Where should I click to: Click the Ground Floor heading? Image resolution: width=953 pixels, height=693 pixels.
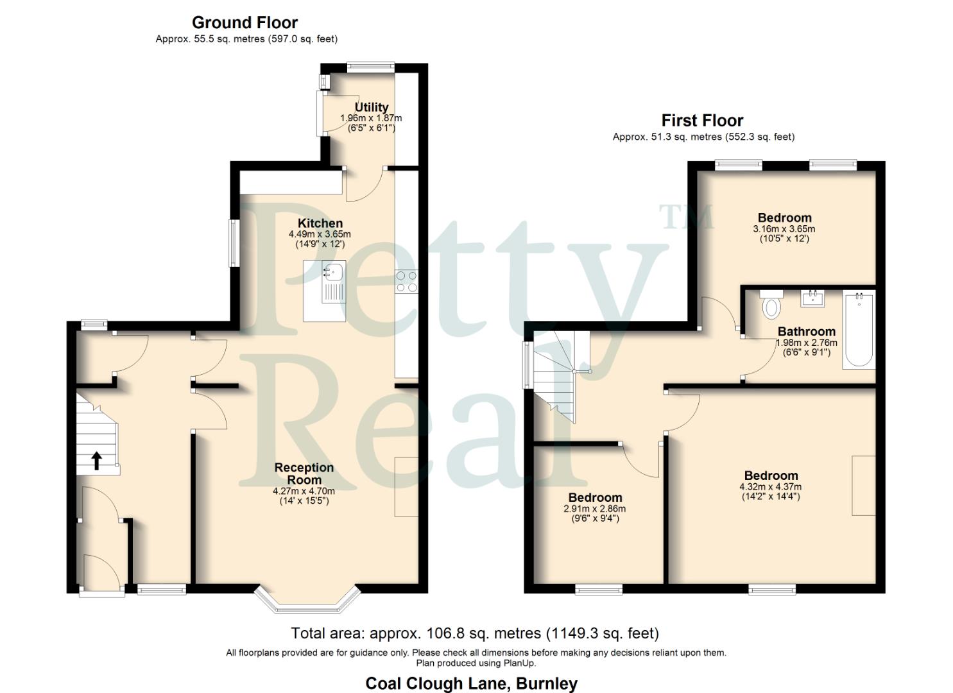pos(245,23)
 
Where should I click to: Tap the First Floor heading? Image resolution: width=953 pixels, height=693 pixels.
pos(702,121)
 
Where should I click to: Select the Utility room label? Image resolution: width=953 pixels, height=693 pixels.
pos(372,107)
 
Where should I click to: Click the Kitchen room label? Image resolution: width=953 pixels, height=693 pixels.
pos(320,223)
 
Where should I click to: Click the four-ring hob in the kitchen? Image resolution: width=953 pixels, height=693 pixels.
pos(406,282)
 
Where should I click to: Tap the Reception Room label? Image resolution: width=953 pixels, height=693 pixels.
pos(304,474)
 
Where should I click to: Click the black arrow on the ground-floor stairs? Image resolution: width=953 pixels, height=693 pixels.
pos(96,460)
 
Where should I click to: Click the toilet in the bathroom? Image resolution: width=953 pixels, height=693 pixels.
pos(771,305)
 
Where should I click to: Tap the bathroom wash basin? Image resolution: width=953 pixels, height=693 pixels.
pos(812,298)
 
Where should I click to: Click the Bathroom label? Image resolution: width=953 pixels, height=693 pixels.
pos(807,332)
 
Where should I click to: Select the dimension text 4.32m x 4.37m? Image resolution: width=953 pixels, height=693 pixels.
pos(770,486)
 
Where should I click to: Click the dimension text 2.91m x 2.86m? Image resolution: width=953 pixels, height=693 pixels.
pos(595,508)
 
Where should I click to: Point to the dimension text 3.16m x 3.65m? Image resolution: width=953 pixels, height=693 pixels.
pos(784,228)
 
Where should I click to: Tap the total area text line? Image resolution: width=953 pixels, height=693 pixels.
pos(475,633)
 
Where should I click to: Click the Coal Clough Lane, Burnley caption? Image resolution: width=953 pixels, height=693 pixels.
pos(471,683)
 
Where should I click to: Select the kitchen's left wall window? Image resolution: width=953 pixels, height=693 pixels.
pos(235,243)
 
